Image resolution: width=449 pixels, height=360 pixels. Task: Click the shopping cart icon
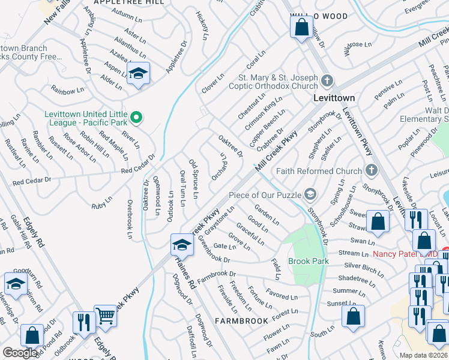pyautogui.click(x=106, y=314)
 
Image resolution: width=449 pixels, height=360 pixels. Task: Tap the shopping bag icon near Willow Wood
pyautogui.click(x=301, y=27)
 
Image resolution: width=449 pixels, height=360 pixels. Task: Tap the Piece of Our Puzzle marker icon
pyautogui.click(x=310, y=193)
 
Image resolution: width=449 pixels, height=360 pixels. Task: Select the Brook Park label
pyautogui.click(x=309, y=261)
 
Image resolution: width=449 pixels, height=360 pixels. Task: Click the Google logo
pyautogui.click(x=20, y=353)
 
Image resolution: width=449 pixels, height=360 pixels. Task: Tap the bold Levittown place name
pyautogui.click(x=334, y=98)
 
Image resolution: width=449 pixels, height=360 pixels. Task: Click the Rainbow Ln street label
pyautogui.click(x=67, y=91)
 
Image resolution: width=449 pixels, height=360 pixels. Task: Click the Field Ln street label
pyautogui.click(x=276, y=269)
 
